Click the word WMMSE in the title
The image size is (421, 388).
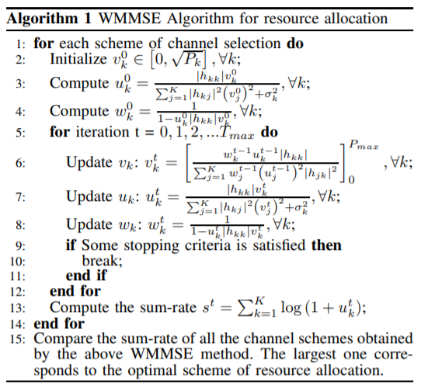[x=130, y=19]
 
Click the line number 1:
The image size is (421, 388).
[x=20, y=43]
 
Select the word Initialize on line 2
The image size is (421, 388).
[x=78, y=59]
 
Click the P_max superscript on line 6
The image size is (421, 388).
[x=364, y=146]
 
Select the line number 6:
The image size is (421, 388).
[x=20, y=163]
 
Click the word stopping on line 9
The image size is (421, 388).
[x=151, y=245]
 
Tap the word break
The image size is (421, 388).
[x=103, y=261]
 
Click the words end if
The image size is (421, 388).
[x=86, y=275]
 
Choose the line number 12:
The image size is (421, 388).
[x=18, y=292]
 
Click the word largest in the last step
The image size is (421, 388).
[x=315, y=355]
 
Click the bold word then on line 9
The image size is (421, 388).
[x=326, y=245]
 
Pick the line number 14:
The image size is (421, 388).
[x=18, y=324]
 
